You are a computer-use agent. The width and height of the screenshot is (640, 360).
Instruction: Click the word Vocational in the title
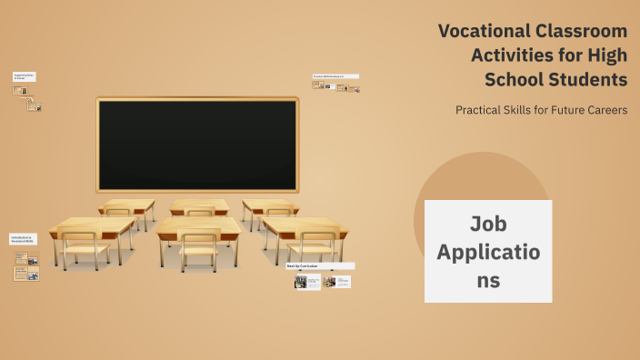[479, 31]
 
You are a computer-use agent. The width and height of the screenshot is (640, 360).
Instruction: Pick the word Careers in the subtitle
[602, 110]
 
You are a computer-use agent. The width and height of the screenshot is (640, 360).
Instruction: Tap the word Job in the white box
[488, 224]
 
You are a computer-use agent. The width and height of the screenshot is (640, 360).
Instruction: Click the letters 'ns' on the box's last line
[488, 280]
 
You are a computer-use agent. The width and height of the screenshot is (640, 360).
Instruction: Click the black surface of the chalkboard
[197, 145]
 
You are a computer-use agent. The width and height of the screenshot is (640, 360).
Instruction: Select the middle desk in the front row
[199, 227]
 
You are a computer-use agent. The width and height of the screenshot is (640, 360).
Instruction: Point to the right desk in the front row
[304, 225]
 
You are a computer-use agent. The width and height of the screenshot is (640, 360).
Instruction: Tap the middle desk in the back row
[199, 205]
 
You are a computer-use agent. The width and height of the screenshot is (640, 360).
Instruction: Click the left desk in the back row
[126, 205]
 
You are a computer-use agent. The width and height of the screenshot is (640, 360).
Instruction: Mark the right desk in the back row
[270, 205]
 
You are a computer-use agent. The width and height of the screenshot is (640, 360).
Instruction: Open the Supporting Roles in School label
[24, 77]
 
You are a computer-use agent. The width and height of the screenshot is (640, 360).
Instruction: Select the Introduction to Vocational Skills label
[23, 239]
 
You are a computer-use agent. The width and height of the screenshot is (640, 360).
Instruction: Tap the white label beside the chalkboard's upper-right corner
[335, 76]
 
